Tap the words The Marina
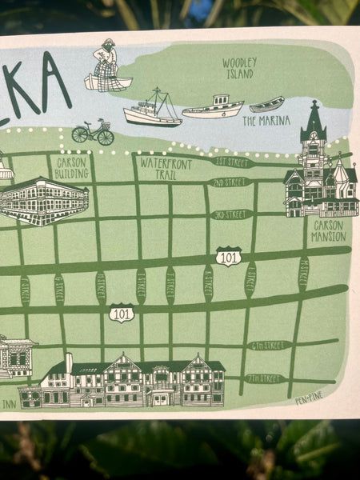coord(259,122)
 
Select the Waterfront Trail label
coord(162,168)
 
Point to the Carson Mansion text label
coord(328,231)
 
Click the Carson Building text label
coord(72,167)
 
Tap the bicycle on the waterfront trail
coord(92,132)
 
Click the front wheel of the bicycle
coord(106,137)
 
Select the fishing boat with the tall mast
coord(153,110)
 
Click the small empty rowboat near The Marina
coord(267,104)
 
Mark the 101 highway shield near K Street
coord(228,256)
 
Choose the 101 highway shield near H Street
coord(122,313)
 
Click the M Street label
coord(303,273)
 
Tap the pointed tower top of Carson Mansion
coord(314,112)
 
